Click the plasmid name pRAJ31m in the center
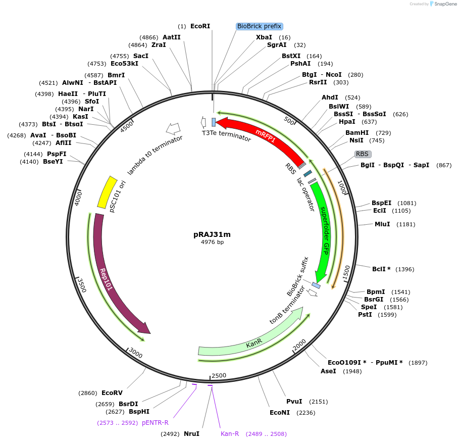(212, 234)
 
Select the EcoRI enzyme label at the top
(200, 26)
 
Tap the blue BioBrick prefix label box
(260, 26)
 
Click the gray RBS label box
(363, 154)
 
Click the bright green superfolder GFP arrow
(323, 232)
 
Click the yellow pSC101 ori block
(107, 192)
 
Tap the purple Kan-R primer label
(230, 433)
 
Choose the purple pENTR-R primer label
(155, 422)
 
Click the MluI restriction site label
(382, 224)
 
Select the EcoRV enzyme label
(112, 392)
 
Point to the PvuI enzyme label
(294, 402)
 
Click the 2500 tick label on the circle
(219, 375)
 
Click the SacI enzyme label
(141, 56)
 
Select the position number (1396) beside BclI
(405, 269)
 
